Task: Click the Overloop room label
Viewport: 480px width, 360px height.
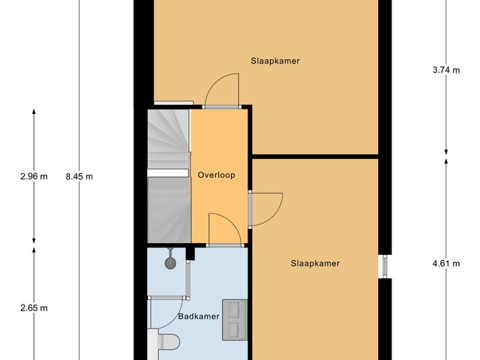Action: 217,175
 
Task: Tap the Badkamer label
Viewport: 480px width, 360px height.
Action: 199,316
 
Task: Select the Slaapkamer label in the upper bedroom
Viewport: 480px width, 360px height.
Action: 275,61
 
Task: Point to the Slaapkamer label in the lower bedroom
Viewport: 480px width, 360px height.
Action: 315,263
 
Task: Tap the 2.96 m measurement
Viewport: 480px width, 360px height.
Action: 34,177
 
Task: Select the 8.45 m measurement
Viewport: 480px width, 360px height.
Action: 79,177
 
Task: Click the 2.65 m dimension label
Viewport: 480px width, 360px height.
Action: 34,307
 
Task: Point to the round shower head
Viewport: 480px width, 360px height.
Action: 172,262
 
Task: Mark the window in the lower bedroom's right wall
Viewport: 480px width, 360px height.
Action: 385,266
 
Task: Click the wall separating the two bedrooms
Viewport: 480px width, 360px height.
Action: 315,157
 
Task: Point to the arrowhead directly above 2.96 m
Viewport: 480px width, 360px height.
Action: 34,112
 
